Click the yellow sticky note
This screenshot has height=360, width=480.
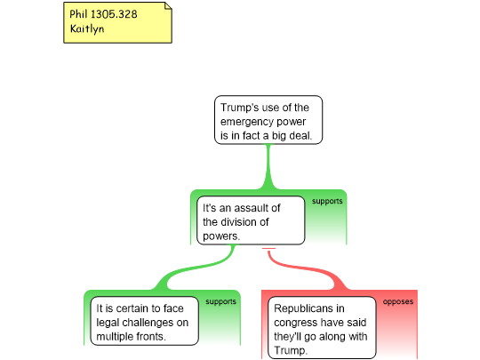pyautogui.click(x=117, y=22)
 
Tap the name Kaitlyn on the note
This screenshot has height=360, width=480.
pyautogui.click(x=87, y=28)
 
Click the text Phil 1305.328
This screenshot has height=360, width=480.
pyautogui.click(x=103, y=14)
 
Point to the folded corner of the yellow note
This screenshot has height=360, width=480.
pyautogui.click(x=168, y=6)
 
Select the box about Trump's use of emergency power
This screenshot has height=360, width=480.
pyautogui.click(x=268, y=120)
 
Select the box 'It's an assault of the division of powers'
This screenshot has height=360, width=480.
pyautogui.click(x=251, y=220)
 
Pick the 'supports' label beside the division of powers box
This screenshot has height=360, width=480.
pyautogui.click(x=327, y=202)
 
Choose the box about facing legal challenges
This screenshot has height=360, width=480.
pyautogui.click(x=145, y=321)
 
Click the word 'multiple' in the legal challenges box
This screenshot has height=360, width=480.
pyautogui.click(x=115, y=336)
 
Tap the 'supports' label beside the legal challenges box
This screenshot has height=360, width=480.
pyautogui.click(x=221, y=302)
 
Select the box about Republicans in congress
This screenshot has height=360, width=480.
pyautogui.click(x=322, y=327)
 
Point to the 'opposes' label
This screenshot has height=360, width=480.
pyautogui.click(x=398, y=302)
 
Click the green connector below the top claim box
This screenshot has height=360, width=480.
pyautogui.click(x=268, y=167)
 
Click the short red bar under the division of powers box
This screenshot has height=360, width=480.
pyautogui.click(x=268, y=249)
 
